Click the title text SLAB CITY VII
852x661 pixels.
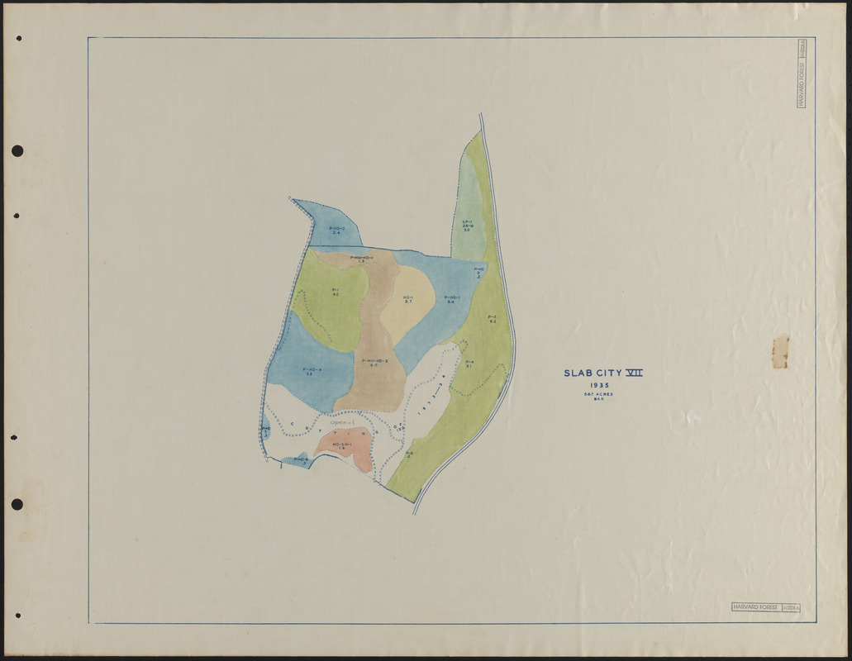tap(602, 373)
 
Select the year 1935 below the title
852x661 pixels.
tap(601, 385)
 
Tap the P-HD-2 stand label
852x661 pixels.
tap(337, 229)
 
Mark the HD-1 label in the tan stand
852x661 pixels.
tap(408, 298)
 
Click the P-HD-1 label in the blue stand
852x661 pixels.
tap(452, 298)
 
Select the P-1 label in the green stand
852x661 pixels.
tap(336, 291)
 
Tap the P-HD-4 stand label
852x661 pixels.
tap(312, 370)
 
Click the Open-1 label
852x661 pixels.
tap(342, 424)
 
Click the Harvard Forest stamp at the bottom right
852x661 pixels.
tap(764, 607)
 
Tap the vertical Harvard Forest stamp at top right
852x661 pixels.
tap(801, 83)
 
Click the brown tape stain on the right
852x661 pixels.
tap(780, 351)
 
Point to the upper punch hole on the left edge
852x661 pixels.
tap(17, 151)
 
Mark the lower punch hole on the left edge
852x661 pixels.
tap(17, 504)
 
